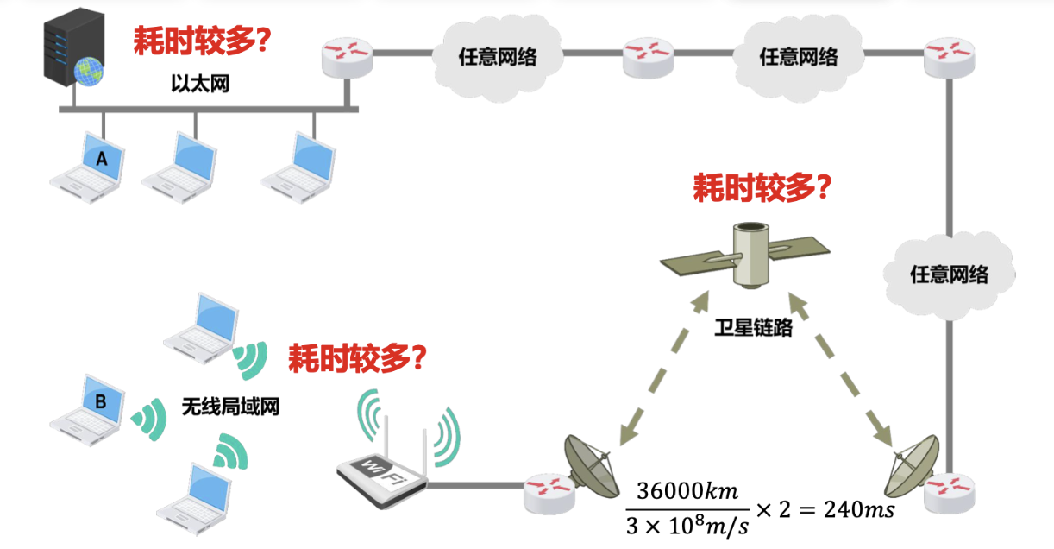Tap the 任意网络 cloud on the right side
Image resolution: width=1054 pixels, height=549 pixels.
click(949, 274)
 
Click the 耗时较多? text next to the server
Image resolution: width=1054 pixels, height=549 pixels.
click(202, 40)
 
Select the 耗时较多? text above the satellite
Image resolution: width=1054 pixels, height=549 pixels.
click(762, 187)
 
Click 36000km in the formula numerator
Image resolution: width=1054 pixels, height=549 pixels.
click(688, 491)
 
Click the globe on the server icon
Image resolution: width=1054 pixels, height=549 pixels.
click(87, 72)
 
